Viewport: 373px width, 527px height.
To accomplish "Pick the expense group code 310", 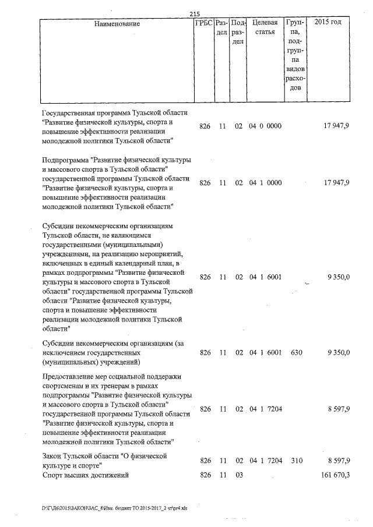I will coord(297,461).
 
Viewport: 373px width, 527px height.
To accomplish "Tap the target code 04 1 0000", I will coord(265,183).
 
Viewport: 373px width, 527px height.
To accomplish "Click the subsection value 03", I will coord(238,475).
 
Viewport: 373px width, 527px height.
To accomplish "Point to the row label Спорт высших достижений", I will coord(85,475).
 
